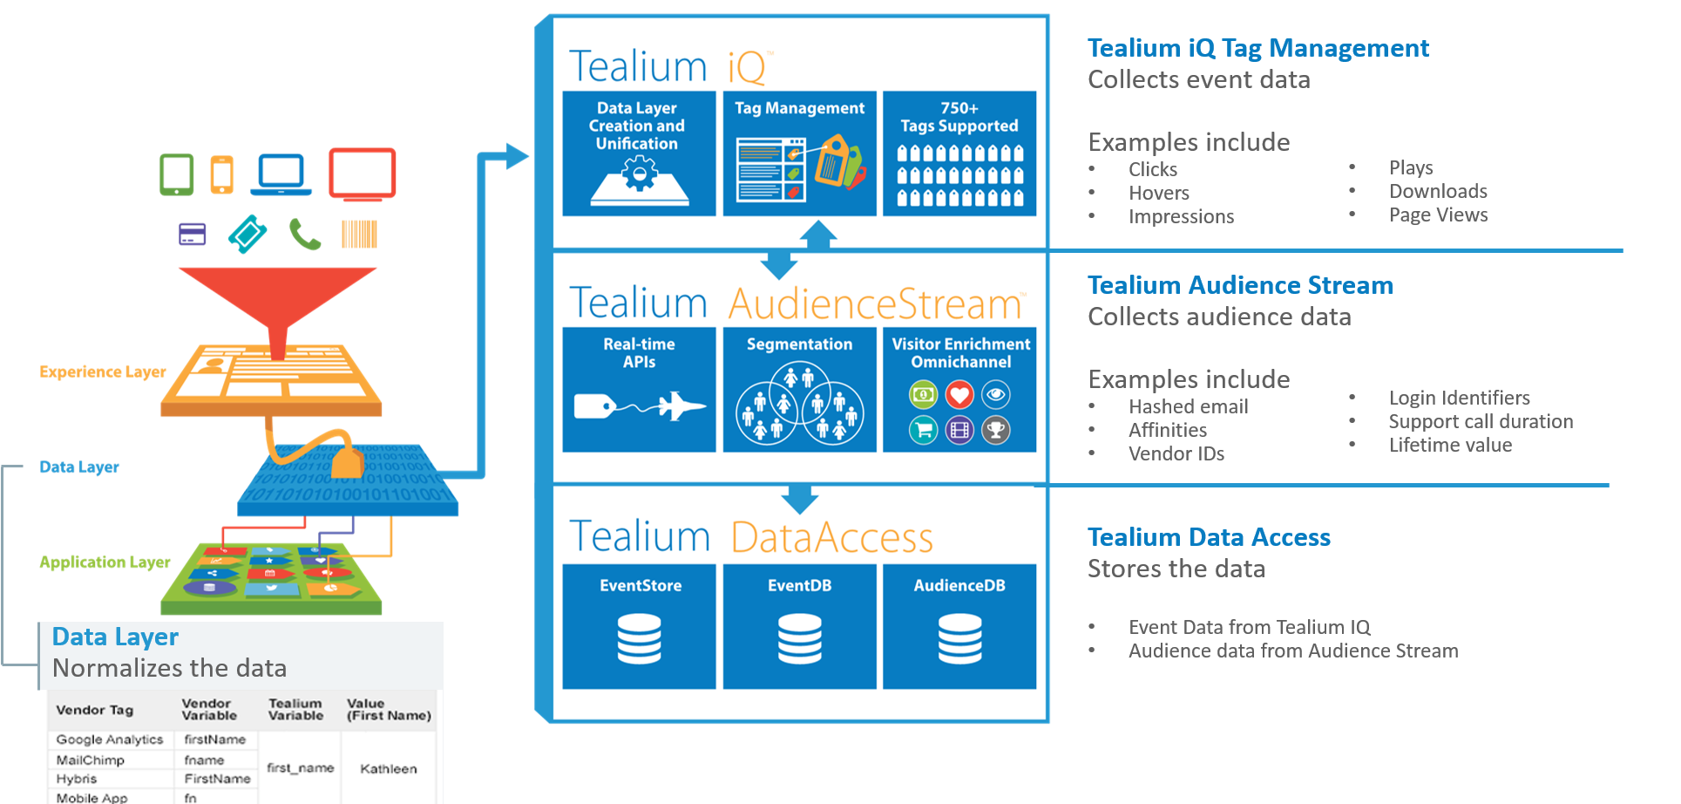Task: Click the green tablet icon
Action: [177, 174]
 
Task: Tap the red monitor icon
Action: [363, 174]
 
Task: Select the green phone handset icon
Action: [305, 235]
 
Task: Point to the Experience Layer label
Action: [103, 372]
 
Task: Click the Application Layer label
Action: [105, 562]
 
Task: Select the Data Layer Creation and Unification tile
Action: [639, 153]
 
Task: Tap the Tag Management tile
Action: [799, 153]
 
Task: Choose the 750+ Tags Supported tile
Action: [959, 153]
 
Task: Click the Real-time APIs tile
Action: [639, 390]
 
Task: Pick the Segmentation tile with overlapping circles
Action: [799, 390]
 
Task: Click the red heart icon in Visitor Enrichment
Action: [959, 395]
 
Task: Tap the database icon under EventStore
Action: [639, 638]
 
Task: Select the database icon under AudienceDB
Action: [959, 638]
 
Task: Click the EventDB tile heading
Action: [799, 586]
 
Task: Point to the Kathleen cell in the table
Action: [389, 769]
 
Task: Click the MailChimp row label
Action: [91, 760]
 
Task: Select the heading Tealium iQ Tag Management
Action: [1257, 48]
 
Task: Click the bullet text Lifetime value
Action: [1450, 446]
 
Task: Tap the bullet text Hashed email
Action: [1188, 407]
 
